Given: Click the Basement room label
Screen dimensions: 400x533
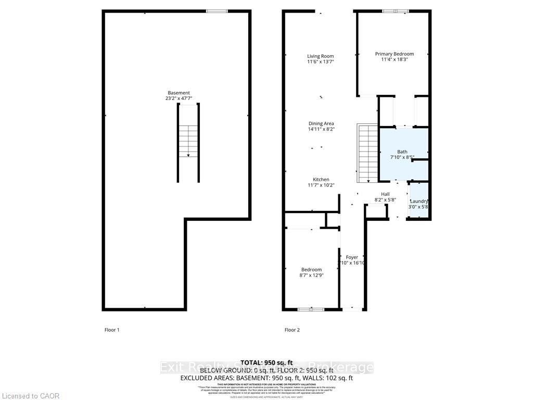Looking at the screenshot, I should pyautogui.click(x=179, y=93).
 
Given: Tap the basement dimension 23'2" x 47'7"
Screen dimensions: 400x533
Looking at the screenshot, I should pyautogui.click(x=179, y=98).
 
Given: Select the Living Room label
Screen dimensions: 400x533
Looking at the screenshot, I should pyautogui.click(x=320, y=56).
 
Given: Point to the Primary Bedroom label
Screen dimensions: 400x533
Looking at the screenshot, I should pyautogui.click(x=395, y=54).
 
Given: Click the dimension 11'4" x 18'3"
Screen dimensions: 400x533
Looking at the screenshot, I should pyautogui.click(x=395, y=59).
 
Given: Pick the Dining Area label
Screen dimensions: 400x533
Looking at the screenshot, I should pyautogui.click(x=321, y=123).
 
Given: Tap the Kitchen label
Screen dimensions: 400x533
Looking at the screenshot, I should pyautogui.click(x=321, y=180).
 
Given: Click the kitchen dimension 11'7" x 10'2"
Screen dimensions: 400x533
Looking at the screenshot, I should pyautogui.click(x=321, y=185).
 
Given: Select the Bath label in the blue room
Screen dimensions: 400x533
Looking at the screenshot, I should pyautogui.click(x=402, y=152).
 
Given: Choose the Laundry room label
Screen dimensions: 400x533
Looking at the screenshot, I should pyautogui.click(x=419, y=202).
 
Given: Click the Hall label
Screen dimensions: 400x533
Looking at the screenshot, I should pyautogui.click(x=385, y=194).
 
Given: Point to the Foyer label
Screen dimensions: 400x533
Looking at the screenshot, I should pyautogui.click(x=352, y=257).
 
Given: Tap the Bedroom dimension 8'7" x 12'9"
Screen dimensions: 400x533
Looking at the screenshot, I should pyautogui.click(x=311, y=276).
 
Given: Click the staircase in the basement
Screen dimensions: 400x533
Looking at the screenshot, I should pyautogui.click(x=188, y=142).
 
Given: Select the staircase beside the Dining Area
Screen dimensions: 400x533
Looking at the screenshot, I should pyautogui.click(x=367, y=153).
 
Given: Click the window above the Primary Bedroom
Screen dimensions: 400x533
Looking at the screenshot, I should pyautogui.click(x=396, y=11).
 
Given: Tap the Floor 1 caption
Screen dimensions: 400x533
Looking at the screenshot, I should pyautogui.click(x=112, y=330).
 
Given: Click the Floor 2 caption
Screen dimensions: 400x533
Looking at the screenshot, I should pyautogui.click(x=292, y=330).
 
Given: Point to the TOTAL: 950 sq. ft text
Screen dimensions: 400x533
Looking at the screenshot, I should pyautogui.click(x=266, y=362).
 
